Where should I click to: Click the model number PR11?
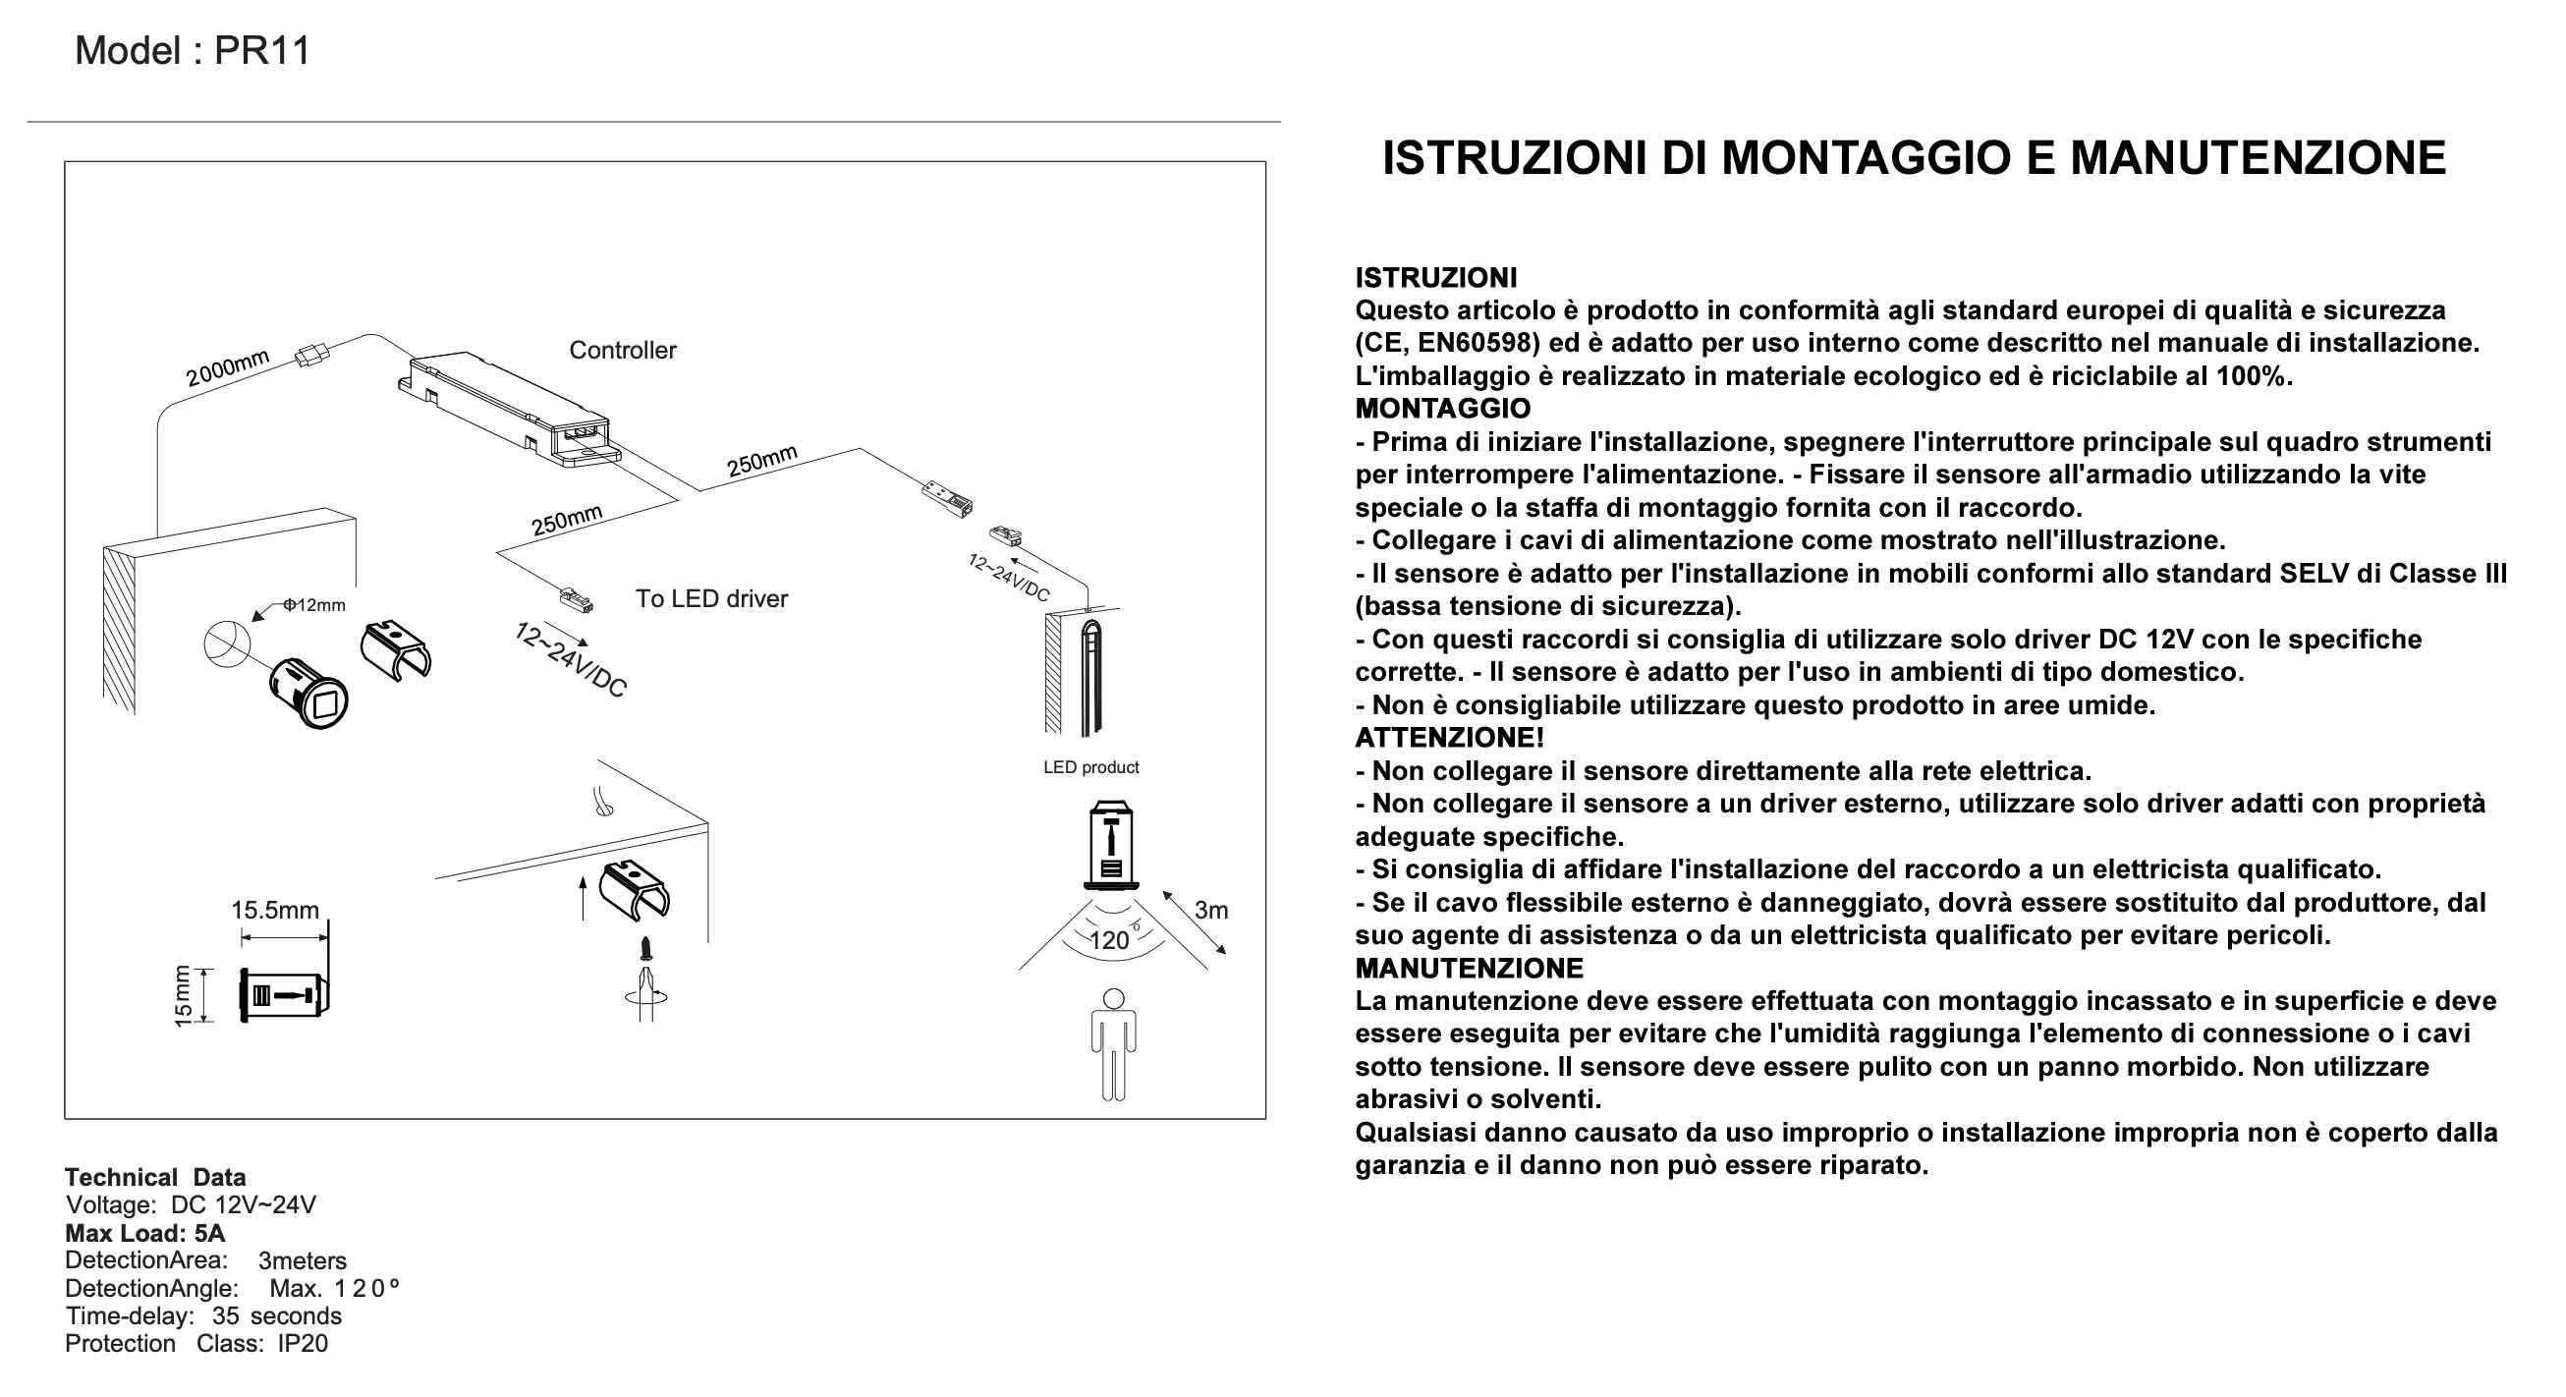pyautogui.click(x=263, y=51)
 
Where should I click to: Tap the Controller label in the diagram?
pyautogui.click(x=622, y=350)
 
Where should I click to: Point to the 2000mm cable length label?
pyautogui.click(x=227, y=368)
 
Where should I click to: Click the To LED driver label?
pyautogui.click(x=711, y=599)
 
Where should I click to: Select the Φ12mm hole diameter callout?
pyautogui.click(x=314, y=605)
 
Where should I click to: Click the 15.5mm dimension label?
pyautogui.click(x=275, y=910)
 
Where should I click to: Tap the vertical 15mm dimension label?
pyautogui.click(x=183, y=994)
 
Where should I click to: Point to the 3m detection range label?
pyautogui.click(x=1210, y=910)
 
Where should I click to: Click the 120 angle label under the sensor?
pyautogui.click(x=1109, y=940)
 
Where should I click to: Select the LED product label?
pyautogui.click(x=1090, y=767)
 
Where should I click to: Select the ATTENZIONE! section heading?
pyautogui.click(x=1449, y=738)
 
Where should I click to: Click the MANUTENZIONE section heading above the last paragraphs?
pyautogui.click(x=1469, y=968)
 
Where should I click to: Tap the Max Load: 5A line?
pyautogui.click(x=145, y=1233)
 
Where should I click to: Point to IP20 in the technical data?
pyautogui.click(x=303, y=1343)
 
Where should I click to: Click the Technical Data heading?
pyautogui.click(x=155, y=1177)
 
